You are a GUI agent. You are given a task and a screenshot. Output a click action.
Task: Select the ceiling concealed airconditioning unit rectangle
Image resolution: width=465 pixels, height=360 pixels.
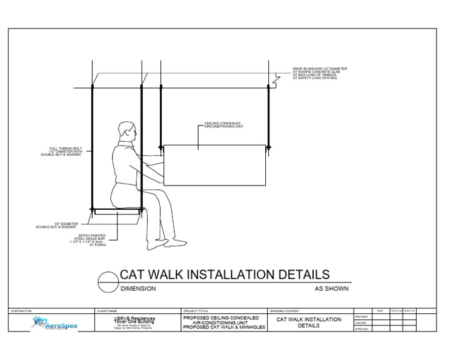[x=214, y=165]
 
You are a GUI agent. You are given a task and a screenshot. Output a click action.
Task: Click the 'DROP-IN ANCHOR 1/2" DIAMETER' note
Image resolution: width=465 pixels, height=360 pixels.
[x=320, y=69]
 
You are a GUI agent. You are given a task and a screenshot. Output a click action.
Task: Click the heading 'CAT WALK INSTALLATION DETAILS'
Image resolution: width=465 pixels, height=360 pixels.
[x=225, y=275]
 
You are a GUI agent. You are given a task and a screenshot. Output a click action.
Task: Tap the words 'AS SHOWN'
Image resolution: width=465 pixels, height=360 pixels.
[x=331, y=289]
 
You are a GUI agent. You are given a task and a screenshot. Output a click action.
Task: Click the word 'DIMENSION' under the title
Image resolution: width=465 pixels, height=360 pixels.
[x=138, y=289]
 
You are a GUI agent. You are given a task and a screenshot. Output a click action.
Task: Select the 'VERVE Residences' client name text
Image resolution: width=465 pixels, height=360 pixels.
[x=134, y=318]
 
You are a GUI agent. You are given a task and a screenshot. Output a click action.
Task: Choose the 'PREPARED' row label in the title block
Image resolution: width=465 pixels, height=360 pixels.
[x=361, y=316]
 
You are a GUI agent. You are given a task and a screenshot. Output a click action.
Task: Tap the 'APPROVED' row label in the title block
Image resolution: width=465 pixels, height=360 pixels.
[x=361, y=328]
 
